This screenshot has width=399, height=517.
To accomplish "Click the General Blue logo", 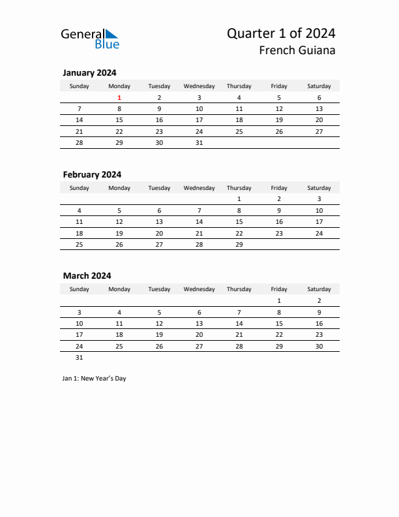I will click(90, 39).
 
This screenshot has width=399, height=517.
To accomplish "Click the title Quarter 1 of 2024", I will click(281, 33).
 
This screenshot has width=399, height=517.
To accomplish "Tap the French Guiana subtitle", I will click(297, 51).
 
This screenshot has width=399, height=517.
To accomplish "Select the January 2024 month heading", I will click(89, 73).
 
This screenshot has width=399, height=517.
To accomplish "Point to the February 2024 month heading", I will click(92, 174).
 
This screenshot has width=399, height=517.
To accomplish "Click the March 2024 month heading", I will click(87, 276).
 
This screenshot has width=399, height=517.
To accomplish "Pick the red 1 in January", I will click(119, 98).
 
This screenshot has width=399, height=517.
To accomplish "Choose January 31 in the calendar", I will click(199, 142).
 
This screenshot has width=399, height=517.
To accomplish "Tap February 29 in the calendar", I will click(239, 244).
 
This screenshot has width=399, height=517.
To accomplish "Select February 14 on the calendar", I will click(199, 221).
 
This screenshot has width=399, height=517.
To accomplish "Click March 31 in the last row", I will click(80, 357).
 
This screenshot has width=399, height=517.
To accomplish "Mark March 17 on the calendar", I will click(80, 334).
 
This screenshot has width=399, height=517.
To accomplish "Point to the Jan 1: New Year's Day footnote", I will click(95, 379).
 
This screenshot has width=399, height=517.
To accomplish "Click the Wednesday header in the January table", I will click(199, 86).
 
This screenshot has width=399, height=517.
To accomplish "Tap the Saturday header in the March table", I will click(319, 289).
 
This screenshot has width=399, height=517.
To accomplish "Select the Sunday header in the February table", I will click(80, 188).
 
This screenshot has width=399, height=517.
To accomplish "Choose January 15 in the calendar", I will click(119, 120).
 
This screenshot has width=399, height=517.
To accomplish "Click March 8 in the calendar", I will click(279, 312).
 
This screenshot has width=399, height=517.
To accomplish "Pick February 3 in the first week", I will click(319, 199).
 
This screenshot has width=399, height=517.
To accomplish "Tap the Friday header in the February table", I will click(279, 188).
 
